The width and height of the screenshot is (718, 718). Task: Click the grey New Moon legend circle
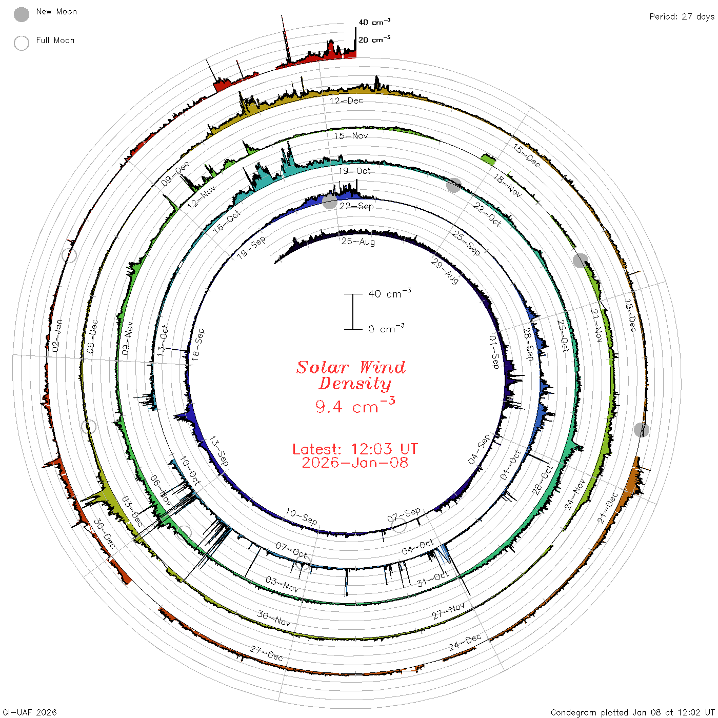pos(21,14)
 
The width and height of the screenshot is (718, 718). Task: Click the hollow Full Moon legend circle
pos(21,43)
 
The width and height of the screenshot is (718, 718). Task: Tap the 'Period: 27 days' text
pos(682,17)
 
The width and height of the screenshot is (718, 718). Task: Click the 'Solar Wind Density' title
pos(351,375)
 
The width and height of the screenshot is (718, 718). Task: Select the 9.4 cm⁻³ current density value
pos(355,405)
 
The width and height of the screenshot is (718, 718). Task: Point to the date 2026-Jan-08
pos(355,463)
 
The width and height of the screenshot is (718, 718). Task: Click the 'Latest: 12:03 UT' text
pos(355,449)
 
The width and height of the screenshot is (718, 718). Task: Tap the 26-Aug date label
pos(358,242)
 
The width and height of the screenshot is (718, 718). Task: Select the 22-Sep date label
pos(356,206)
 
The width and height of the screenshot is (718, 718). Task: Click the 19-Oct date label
pos(354,171)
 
